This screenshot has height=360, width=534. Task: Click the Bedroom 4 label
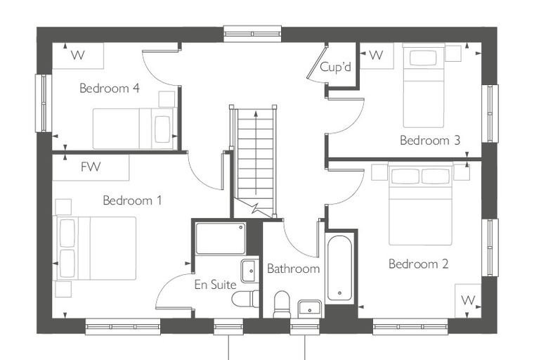pyautogui.click(x=110, y=89)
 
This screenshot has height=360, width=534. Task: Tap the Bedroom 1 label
pyautogui.click(x=132, y=200)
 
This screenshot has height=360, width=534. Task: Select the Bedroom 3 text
pyautogui.click(x=430, y=140)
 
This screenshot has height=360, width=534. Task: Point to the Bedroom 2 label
pyautogui.click(x=419, y=264)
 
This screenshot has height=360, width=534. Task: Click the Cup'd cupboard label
pyautogui.click(x=335, y=67)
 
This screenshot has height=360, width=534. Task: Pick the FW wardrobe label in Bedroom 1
pyautogui.click(x=91, y=167)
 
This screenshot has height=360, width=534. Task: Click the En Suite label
pyautogui.click(x=215, y=285)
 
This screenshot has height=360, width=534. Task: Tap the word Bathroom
pyautogui.click(x=293, y=269)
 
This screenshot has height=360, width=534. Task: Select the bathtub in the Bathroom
pyautogui.click(x=339, y=269)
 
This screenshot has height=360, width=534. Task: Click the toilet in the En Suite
pyautogui.click(x=245, y=299)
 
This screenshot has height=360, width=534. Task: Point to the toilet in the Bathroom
pyautogui.click(x=282, y=304)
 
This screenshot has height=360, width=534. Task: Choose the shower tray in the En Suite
pyautogui.click(x=221, y=238)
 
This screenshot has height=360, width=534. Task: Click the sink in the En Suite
pyautogui.click(x=249, y=271)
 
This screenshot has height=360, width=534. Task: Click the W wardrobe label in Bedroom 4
pyautogui.click(x=78, y=55)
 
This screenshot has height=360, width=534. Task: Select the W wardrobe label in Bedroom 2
pyautogui.click(x=468, y=300)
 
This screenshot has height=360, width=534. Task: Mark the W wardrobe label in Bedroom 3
pyautogui.click(x=376, y=55)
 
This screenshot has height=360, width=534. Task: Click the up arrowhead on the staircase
pyautogui.click(x=256, y=113)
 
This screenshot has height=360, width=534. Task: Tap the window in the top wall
pyautogui.click(x=252, y=34)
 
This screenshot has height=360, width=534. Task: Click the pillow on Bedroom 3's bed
pyautogui.click(x=423, y=58)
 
